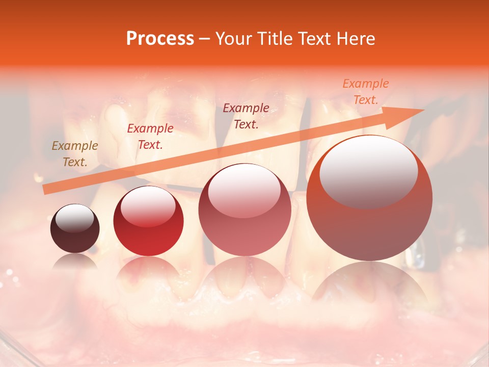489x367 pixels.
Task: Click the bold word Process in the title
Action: click(x=160, y=39)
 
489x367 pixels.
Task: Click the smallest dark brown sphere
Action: click(x=75, y=229)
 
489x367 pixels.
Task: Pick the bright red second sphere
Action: click(x=148, y=221)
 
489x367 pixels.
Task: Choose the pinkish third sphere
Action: click(x=244, y=209)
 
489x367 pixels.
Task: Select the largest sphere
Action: click(x=369, y=198)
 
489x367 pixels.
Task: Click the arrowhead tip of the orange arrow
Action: click(x=423, y=110)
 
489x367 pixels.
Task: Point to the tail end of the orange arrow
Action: click(x=44, y=190)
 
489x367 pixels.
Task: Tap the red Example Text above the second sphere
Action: click(x=150, y=136)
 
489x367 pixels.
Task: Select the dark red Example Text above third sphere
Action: click(x=246, y=116)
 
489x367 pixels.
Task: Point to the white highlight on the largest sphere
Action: click(x=368, y=170)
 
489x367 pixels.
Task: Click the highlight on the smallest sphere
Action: click(x=74, y=218)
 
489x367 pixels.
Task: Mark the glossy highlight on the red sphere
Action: click(x=148, y=205)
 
